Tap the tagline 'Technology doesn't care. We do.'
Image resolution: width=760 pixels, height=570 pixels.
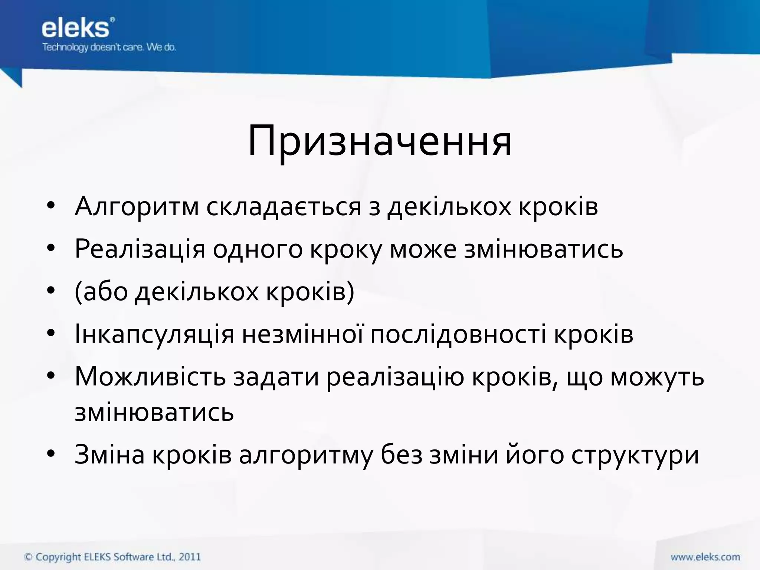[x=109, y=47]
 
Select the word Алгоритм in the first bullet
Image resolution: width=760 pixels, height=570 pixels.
[x=137, y=207]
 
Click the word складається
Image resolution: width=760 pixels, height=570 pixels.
[x=284, y=207]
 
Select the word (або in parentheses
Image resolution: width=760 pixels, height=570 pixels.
[x=101, y=292]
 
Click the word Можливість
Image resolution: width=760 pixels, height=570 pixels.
[x=150, y=377]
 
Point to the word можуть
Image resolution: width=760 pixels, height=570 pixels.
[x=657, y=377]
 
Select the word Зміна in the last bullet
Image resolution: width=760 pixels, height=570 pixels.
[x=109, y=455]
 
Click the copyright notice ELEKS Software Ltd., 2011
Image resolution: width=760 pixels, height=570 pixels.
[x=112, y=557]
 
